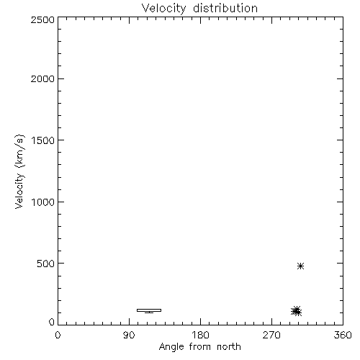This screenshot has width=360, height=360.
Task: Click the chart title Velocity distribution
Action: (x=199, y=9)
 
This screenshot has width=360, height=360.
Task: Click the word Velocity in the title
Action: (x=163, y=9)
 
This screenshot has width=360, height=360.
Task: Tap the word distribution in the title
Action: (x=225, y=8)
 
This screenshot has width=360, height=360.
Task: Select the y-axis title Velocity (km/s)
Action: (x=19, y=171)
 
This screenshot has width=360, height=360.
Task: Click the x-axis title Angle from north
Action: (x=199, y=347)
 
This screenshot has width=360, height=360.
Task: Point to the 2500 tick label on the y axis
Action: (x=42, y=19)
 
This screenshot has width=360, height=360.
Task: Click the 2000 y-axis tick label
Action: (x=42, y=78)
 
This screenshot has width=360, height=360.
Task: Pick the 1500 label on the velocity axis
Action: (x=43, y=140)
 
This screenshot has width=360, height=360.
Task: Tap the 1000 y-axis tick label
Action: (x=43, y=202)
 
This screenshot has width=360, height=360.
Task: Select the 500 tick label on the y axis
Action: (x=46, y=264)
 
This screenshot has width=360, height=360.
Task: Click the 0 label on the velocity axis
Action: (x=52, y=322)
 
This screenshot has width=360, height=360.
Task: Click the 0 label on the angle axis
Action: (x=58, y=335)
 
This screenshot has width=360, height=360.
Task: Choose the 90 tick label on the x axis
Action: (x=129, y=335)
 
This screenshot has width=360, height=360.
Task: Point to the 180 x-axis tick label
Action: (x=200, y=335)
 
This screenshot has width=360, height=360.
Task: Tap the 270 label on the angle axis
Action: (x=271, y=335)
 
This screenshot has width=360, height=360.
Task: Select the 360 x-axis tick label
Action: (x=343, y=335)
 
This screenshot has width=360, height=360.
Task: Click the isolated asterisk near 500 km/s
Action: (x=300, y=266)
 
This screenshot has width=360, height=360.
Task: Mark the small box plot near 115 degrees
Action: (x=149, y=310)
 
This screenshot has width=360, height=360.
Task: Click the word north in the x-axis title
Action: (x=229, y=347)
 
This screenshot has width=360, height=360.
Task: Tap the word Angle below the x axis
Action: (x=171, y=347)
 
